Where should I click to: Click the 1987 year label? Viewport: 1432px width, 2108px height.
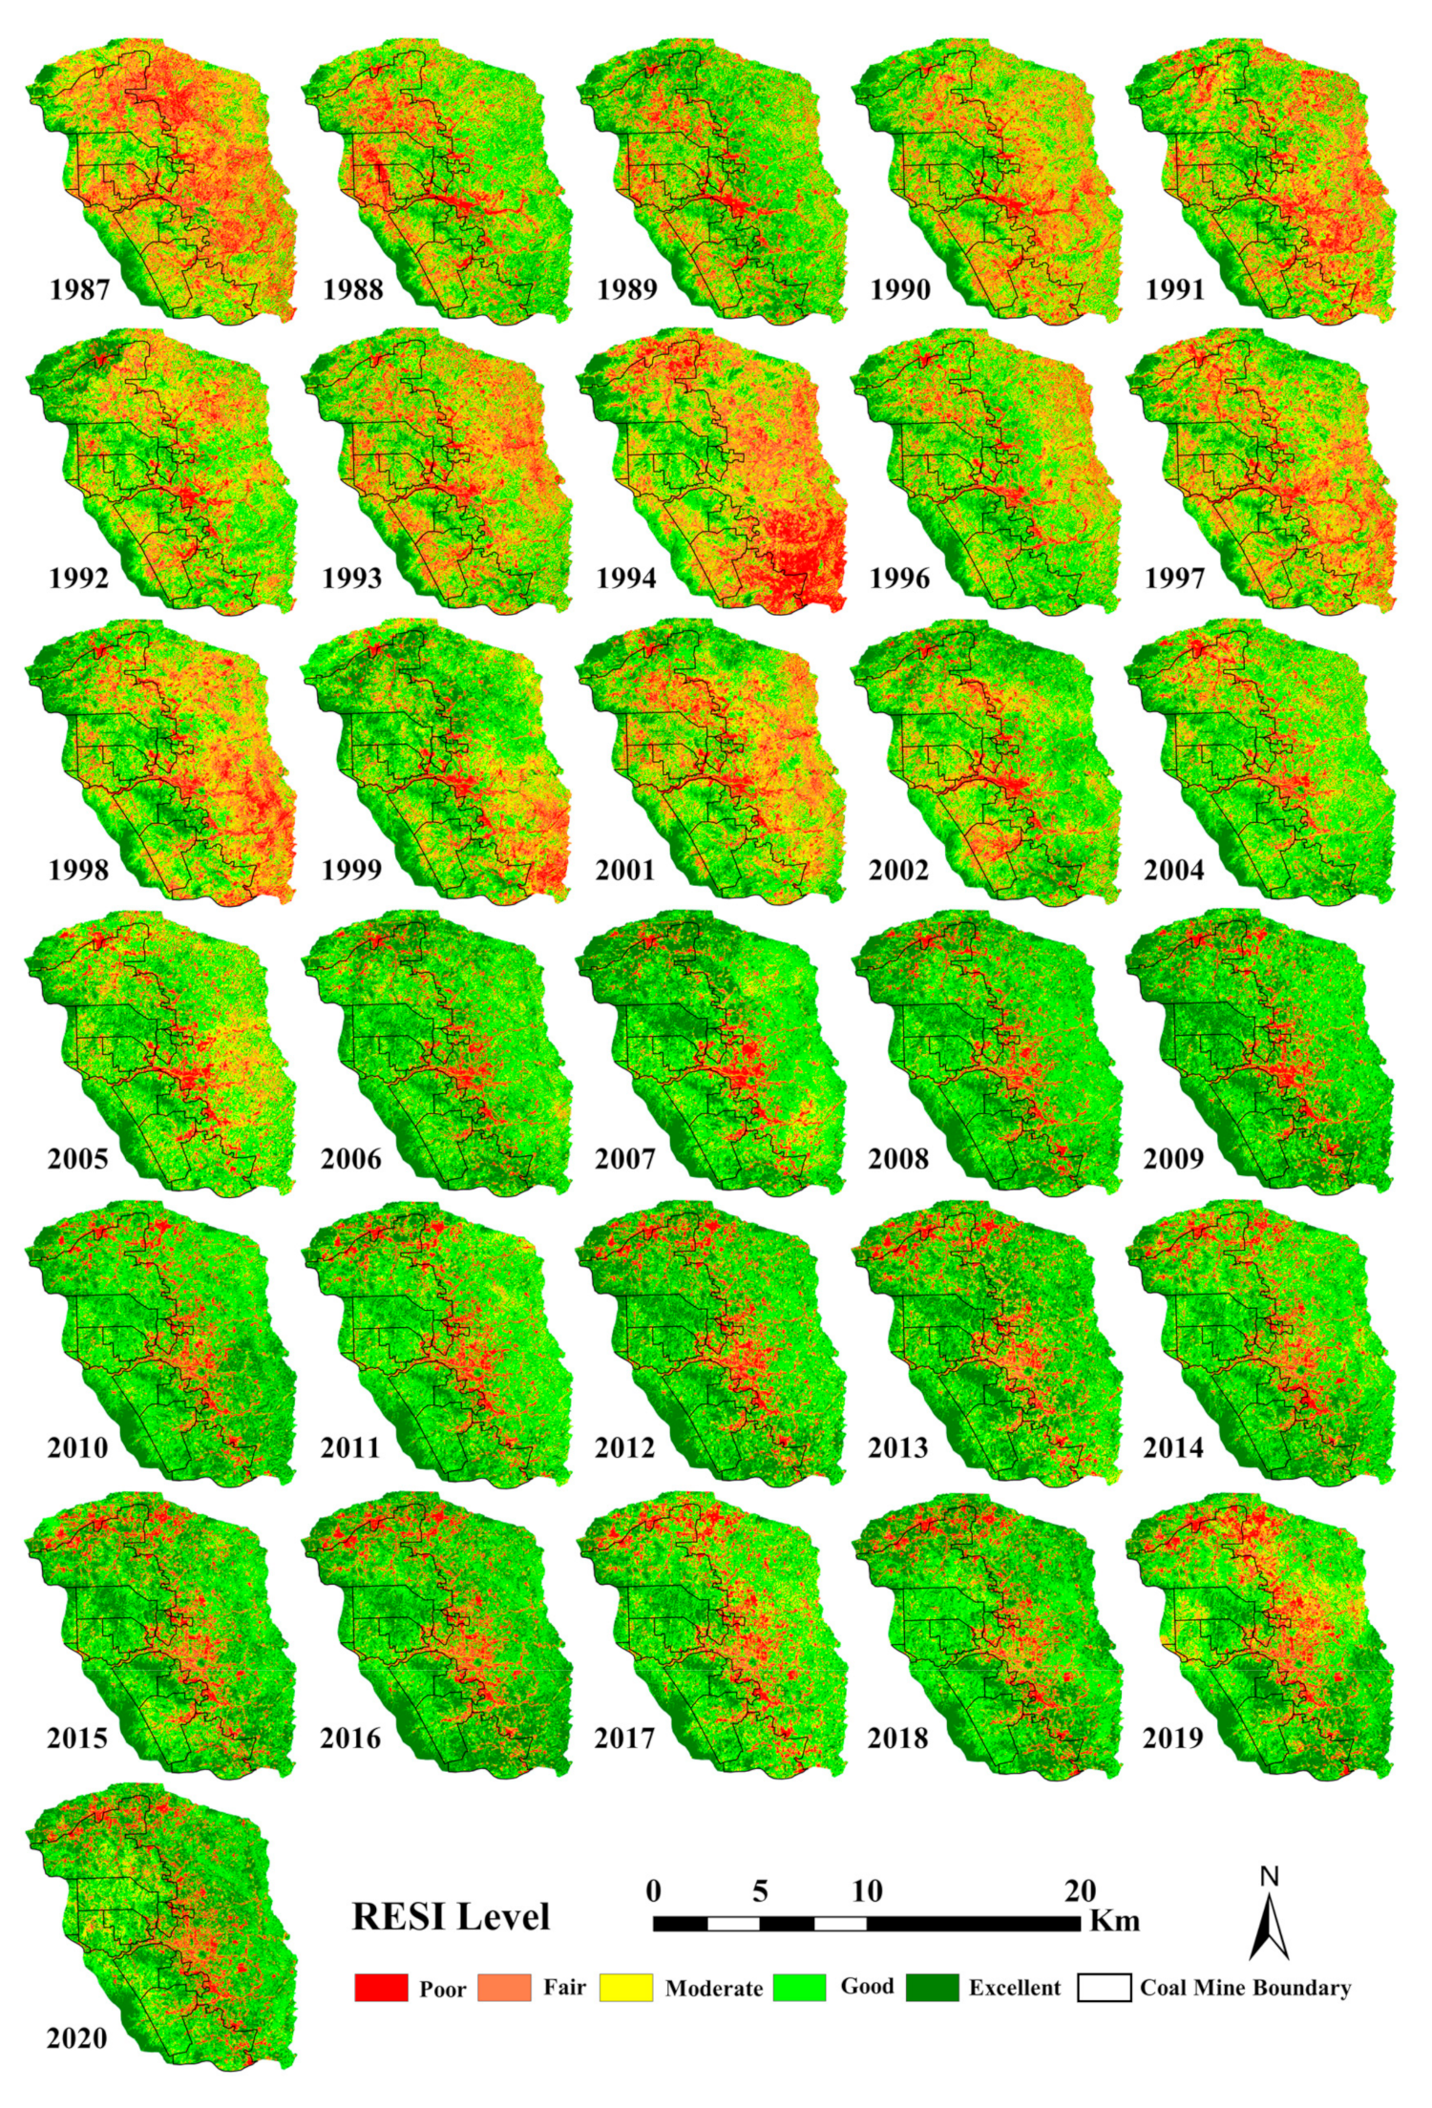[x=79, y=289]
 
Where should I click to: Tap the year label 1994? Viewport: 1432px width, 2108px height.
[x=626, y=579]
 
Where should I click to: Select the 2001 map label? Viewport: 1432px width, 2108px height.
[x=625, y=870]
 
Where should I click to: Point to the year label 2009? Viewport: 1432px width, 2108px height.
[x=1173, y=1159]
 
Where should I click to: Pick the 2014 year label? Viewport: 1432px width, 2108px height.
[x=1173, y=1448]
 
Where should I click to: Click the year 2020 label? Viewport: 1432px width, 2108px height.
[x=77, y=2038]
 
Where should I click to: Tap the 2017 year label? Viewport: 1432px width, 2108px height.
[x=625, y=1739]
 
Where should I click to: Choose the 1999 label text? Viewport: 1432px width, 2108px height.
[x=351, y=870]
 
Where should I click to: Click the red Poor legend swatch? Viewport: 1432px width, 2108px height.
[x=381, y=1988]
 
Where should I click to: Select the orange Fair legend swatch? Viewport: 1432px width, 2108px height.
[x=503, y=1988]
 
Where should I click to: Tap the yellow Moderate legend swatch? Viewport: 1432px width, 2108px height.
[x=626, y=1988]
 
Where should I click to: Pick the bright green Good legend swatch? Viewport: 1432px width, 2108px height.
[x=799, y=1988]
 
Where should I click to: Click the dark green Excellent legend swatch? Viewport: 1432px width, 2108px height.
[x=932, y=1988]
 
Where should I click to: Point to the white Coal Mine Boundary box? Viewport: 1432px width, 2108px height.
[x=1105, y=1988]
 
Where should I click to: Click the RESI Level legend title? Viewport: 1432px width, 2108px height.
[x=451, y=1917]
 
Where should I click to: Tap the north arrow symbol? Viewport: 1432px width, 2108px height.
[x=1269, y=1923]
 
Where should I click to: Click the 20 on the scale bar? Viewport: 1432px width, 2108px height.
[x=1081, y=1891]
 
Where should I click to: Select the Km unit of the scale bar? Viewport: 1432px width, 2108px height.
[x=1115, y=1920]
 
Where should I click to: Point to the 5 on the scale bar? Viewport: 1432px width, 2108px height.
[x=760, y=1891]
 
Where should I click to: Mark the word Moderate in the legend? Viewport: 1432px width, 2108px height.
[x=714, y=1989]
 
